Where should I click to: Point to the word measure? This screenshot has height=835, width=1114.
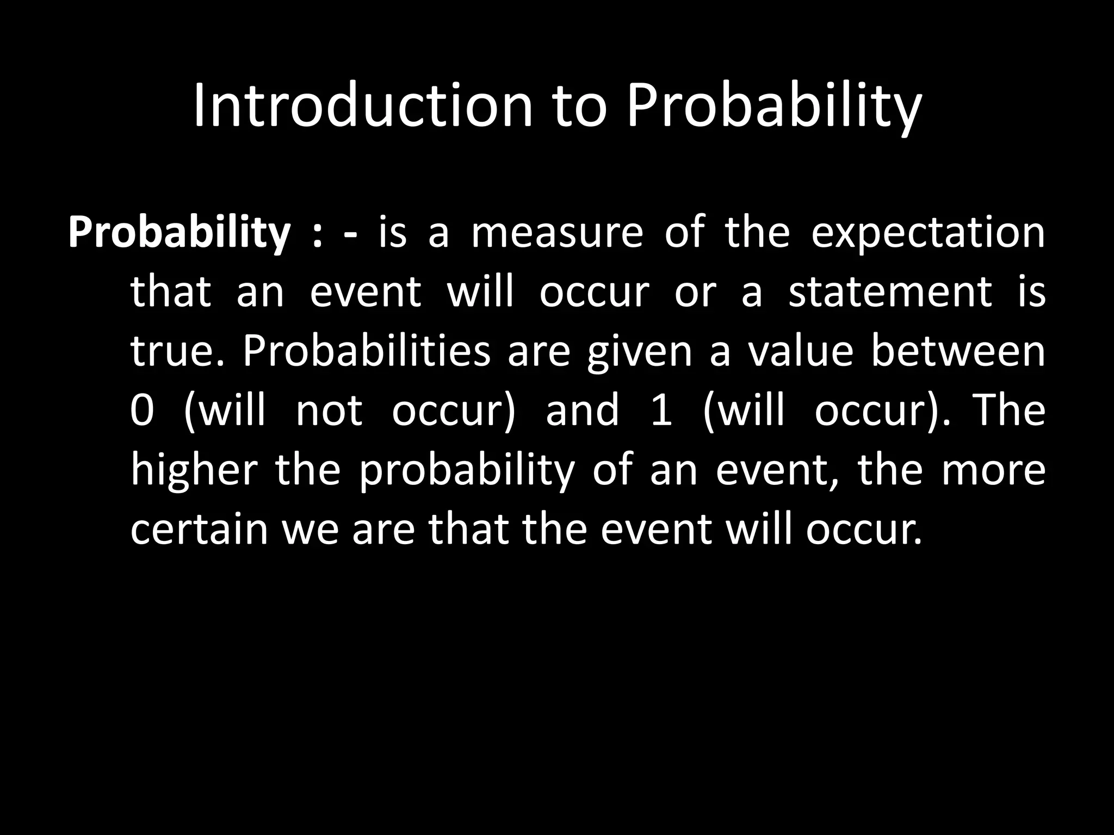point(557,233)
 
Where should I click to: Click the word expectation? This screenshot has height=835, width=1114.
point(928,234)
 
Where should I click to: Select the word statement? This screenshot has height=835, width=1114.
point(890,292)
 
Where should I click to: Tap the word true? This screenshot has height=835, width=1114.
point(177,352)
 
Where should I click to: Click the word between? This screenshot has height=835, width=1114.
point(958,352)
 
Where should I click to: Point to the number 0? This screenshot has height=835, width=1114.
point(143,411)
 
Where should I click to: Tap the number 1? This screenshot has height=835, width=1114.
point(661,411)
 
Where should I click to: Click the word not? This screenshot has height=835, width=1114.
point(329,411)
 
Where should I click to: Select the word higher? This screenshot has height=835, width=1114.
point(193,470)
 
